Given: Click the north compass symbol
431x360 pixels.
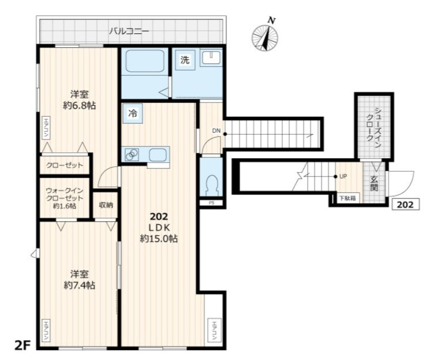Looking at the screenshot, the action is pyautogui.click(x=265, y=36).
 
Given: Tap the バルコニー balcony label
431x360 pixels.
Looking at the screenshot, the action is pyautogui.click(x=129, y=31).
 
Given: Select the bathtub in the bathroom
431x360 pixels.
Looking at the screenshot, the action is pyautogui.click(x=145, y=61).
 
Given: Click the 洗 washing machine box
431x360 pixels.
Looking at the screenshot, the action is pyautogui.click(x=185, y=60).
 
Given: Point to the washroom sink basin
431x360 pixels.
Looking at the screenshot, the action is pyautogui.click(x=211, y=58).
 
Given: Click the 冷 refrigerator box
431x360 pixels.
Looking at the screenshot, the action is pyautogui.click(x=133, y=113).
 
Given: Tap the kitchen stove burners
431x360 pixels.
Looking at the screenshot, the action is pyautogui.click(x=132, y=154).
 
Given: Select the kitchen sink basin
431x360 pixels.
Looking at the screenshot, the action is pyautogui.click(x=158, y=155).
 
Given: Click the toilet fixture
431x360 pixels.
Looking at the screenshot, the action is pyautogui.click(x=212, y=185).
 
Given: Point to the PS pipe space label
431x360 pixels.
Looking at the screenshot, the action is pyautogui.click(x=212, y=203).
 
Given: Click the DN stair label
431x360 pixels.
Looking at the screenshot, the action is pyautogui.click(x=216, y=131).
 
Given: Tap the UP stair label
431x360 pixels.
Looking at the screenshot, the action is pyautogui.click(x=343, y=177).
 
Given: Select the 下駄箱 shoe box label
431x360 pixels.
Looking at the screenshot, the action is pyautogui.click(x=348, y=198).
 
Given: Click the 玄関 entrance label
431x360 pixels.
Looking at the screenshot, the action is pyautogui.click(x=374, y=183).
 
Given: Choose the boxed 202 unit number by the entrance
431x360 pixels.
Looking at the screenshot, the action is pyautogui.click(x=406, y=204).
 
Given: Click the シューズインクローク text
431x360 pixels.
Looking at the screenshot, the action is pyautogui.click(x=374, y=126).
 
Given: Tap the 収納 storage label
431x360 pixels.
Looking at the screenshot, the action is pyautogui.click(x=106, y=205).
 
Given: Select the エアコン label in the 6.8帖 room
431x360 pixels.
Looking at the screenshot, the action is pyautogui.click(x=46, y=127).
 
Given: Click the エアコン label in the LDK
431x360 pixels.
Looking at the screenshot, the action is pyautogui.click(x=215, y=330).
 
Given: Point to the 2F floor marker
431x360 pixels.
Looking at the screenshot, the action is pyautogui.click(x=22, y=346).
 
